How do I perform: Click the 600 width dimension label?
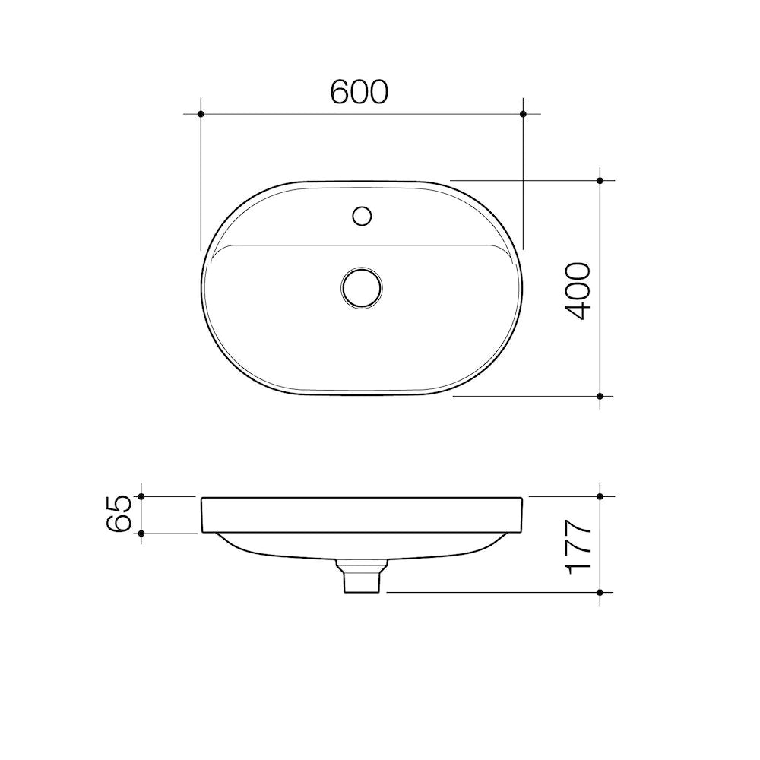pyautogui.click(x=359, y=91)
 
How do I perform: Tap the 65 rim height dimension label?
pyautogui.click(x=122, y=515)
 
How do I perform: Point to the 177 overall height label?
pyautogui.click(x=578, y=545)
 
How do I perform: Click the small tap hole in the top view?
pyautogui.click(x=362, y=215)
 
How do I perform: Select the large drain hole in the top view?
pyautogui.click(x=362, y=287)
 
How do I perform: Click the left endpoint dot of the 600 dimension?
pyautogui.click(x=201, y=114)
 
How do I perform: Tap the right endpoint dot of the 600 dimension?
pyautogui.click(x=523, y=114)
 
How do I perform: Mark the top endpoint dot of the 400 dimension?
pyautogui.click(x=600, y=180)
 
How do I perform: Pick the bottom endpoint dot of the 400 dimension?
pyautogui.click(x=600, y=396)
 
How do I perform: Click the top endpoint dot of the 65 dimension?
pyautogui.click(x=141, y=496)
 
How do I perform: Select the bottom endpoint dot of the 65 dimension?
pyautogui.click(x=141, y=534)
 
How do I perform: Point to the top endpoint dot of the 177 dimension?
pyautogui.click(x=600, y=496)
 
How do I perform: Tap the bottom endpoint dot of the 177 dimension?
pyautogui.click(x=600, y=592)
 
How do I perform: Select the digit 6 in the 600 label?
pyautogui.click(x=340, y=91)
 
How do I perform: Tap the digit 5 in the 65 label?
pyautogui.click(x=122, y=504)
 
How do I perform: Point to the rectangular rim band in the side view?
pyautogui.click(x=362, y=515)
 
